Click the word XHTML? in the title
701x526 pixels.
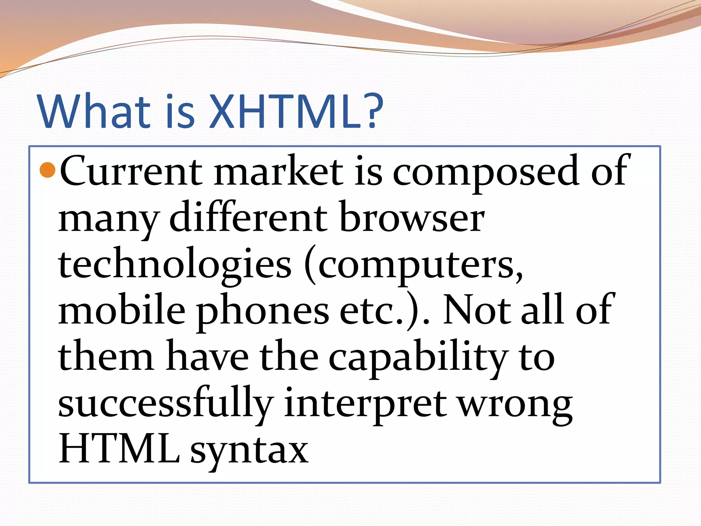coord(296,111)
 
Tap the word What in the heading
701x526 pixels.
coord(94,111)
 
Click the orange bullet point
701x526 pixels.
coord(48,170)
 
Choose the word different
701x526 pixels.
coord(248,217)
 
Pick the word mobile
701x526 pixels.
coord(122,310)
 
